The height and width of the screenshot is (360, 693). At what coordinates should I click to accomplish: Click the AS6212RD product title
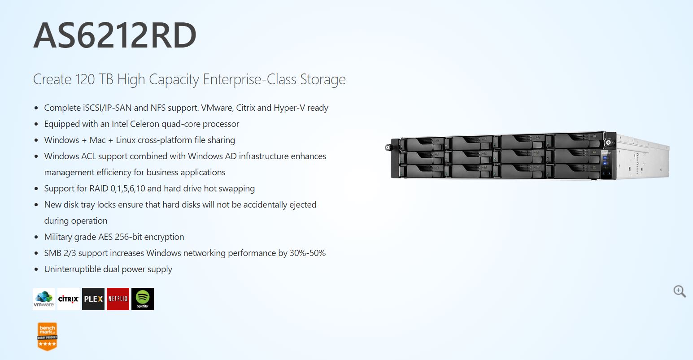[x=115, y=35]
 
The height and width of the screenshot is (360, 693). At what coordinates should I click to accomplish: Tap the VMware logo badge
[x=44, y=299]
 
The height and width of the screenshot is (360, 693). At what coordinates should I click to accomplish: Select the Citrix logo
[x=69, y=299]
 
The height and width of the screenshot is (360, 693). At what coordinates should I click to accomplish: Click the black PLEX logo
[x=93, y=299]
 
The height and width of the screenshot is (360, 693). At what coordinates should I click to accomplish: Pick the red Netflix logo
[x=118, y=299]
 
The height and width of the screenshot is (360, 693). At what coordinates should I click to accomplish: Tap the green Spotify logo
[x=143, y=299]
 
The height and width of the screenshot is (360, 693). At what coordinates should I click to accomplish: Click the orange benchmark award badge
[x=48, y=337]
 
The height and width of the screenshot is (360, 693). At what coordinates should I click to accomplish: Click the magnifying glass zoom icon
[x=680, y=291]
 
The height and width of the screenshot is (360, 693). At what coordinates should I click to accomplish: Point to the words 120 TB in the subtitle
[x=94, y=79]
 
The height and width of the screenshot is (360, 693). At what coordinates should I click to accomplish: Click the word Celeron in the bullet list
[x=144, y=124]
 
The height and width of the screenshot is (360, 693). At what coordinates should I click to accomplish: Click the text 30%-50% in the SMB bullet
[x=308, y=253]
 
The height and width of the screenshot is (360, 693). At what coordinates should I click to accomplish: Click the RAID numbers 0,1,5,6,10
[x=128, y=189]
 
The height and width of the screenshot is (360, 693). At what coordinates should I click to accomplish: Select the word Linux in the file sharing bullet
[x=126, y=140]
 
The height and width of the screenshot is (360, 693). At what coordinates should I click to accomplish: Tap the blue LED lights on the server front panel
[x=605, y=160]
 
